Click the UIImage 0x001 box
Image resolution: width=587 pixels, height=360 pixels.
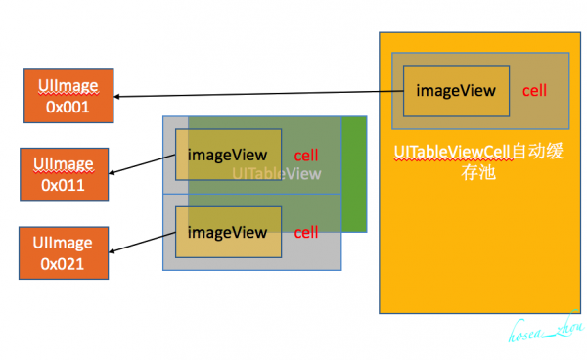pyautogui.click(x=68, y=95)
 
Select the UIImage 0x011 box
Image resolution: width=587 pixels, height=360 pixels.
pyautogui.click(x=64, y=173)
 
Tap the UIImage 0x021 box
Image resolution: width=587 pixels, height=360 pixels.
pyautogui.click(x=64, y=251)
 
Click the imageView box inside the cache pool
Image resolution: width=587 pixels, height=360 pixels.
pyautogui.click(x=457, y=91)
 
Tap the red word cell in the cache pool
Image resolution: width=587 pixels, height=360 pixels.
pyautogui.click(x=534, y=91)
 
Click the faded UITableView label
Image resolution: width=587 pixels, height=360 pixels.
pyautogui.click(x=277, y=174)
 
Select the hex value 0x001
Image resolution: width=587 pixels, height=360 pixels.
pyautogui.click(x=68, y=106)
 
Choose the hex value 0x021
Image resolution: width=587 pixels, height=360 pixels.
pyautogui.click(x=64, y=262)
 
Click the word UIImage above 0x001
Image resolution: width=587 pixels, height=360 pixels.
pyautogui.click(x=68, y=85)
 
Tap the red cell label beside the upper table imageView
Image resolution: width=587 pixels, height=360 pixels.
pyautogui.click(x=306, y=155)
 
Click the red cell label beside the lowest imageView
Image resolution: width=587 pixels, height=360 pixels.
pyautogui.click(x=306, y=232)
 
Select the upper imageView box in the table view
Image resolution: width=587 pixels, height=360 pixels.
pyautogui.click(x=228, y=155)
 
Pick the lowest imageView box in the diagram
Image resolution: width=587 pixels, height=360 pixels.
pyautogui.click(x=228, y=232)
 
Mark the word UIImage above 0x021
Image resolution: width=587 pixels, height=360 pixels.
pyautogui.click(x=64, y=242)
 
